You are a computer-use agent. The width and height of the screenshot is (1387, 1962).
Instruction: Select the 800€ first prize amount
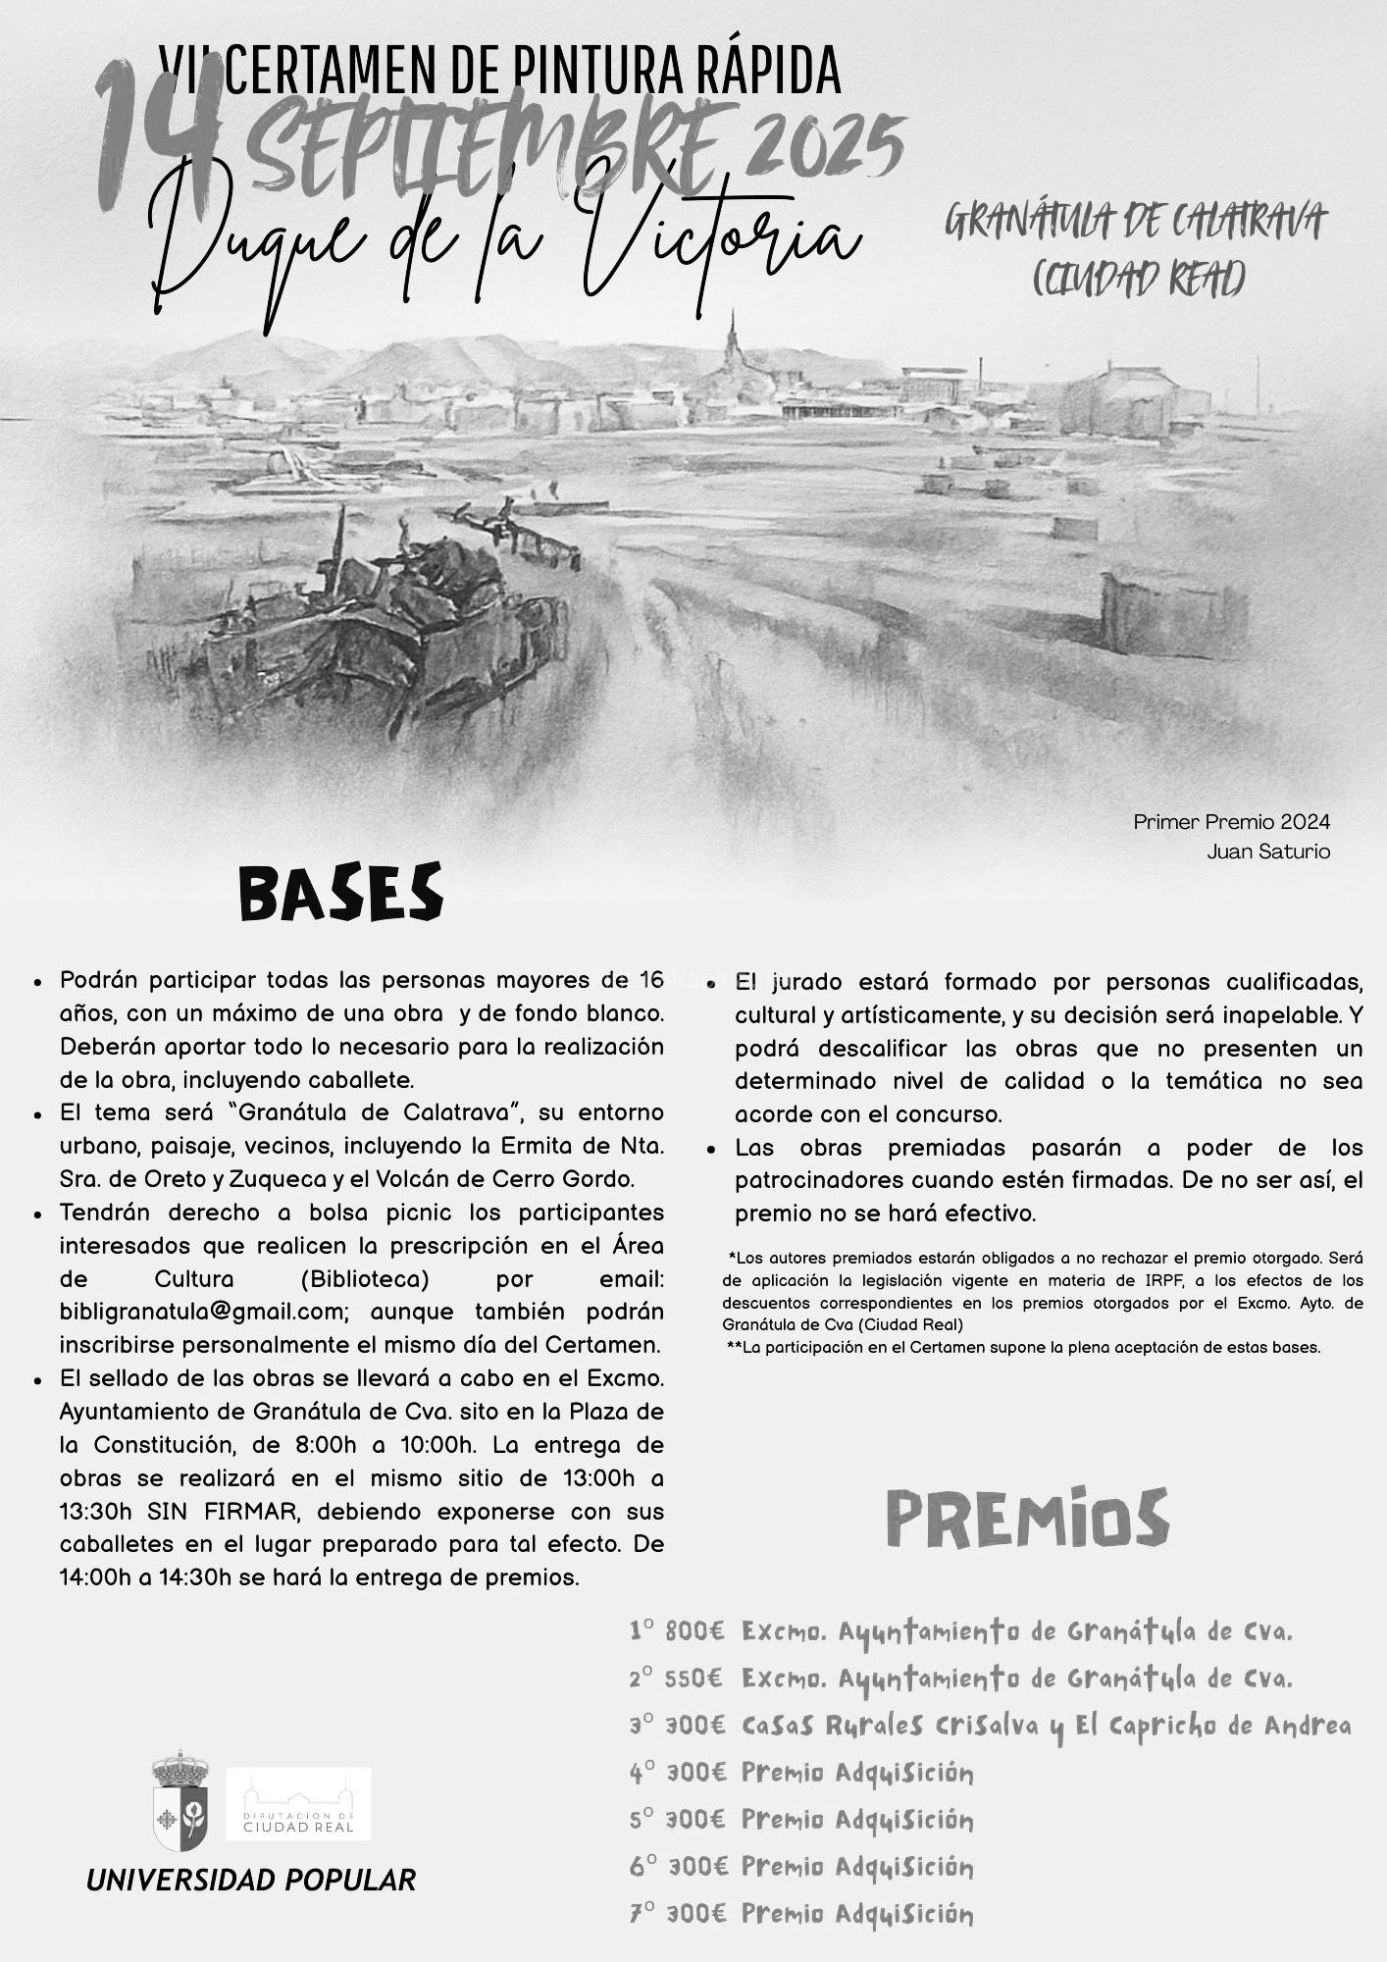tap(694, 1631)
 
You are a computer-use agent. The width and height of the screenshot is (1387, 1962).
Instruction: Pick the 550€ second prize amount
tap(694, 1678)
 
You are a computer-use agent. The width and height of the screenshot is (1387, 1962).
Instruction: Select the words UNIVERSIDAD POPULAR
tap(251, 1880)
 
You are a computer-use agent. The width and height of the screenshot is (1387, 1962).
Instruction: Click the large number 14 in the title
tap(157, 137)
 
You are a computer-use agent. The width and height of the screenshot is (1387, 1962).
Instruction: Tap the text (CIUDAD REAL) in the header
tap(1138, 279)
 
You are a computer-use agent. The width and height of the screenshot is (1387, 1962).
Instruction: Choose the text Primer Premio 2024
tap(1231, 822)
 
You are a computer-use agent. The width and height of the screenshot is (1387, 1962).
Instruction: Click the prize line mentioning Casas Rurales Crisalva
tap(991, 1726)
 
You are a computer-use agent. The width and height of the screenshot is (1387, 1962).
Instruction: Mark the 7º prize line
tap(801, 1913)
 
